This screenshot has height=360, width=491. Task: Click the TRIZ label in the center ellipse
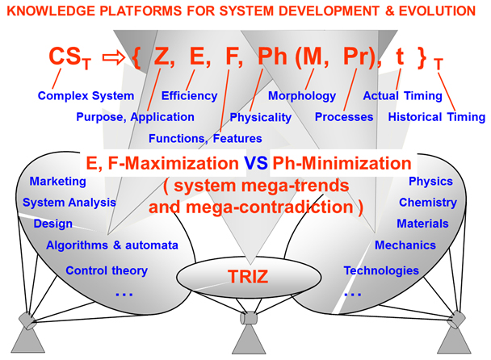click(x=248, y=276)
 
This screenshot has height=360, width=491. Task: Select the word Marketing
click(x=57, y=182)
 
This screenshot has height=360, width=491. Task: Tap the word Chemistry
click(x=428, y=203)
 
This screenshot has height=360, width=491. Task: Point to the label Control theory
click(x=107, y=270)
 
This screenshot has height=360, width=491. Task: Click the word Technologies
click(x=381, y=270)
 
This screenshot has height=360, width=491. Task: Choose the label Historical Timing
click(x=437, y=117)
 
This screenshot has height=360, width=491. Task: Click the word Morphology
click(x=302, y=96)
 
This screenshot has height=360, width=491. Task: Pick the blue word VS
click(x=256, y=163)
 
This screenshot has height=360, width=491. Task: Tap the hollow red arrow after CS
click(x=114, y=57)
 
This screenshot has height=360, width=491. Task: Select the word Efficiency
click(x=189, y=96)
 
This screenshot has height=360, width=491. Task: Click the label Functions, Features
click(x=205, y=138)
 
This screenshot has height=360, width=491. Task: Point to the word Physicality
click(x=261, y=117)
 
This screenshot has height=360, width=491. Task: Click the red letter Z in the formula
click(x=162, y=57)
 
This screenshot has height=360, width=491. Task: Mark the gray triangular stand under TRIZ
click(x=249, y=340)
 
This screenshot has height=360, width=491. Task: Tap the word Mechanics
click(x=405, y=245)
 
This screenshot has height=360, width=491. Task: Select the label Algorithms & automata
click(x=112, y=245)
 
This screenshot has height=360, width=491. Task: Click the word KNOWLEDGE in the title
click(x=51, y=11)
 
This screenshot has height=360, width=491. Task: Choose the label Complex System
click(x=86, y=96)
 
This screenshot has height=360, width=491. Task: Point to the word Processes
click(x=344, y=117)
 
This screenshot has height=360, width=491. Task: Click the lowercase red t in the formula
click(x=400, y=57)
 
